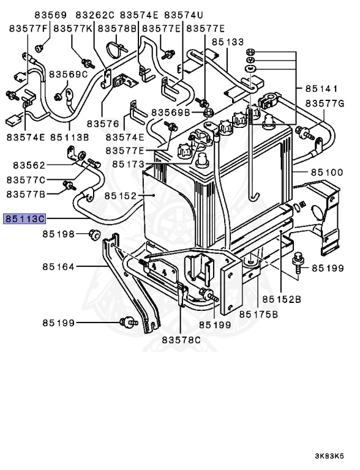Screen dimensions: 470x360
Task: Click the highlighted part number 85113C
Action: click(24, 218)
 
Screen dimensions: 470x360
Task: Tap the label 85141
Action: click(325, 88)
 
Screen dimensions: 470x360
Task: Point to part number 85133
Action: click(228, 42)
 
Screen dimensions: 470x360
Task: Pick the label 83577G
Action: click(325, 104)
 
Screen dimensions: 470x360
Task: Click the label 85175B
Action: click(259, 314)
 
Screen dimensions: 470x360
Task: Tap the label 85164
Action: click(58, 266)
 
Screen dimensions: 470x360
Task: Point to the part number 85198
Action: click(58, 234)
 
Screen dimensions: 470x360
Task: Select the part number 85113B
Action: click(69, 137)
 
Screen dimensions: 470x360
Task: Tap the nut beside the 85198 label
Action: click(94, 233)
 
